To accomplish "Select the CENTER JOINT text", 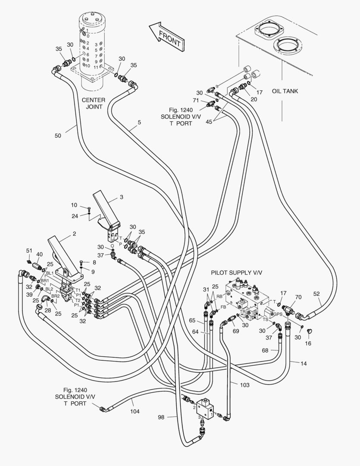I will pos(94,104).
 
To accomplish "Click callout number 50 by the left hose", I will pos(58,135).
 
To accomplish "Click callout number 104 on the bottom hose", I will pos(135,412).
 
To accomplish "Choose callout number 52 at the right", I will pos(317,294).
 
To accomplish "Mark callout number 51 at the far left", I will pos(29,251).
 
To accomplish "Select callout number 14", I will pos(304,364).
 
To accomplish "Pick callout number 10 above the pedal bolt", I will pos(74,205).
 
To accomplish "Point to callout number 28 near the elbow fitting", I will pos(48,311).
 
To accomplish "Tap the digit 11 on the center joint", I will pos(96,68).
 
